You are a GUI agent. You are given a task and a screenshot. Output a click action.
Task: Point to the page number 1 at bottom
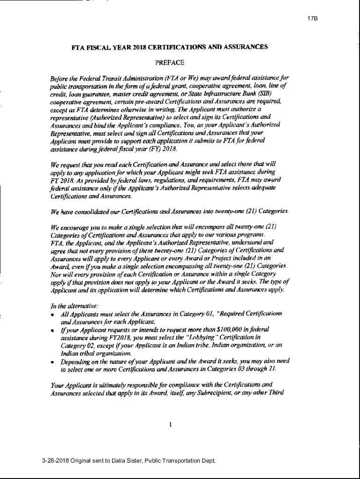tap(170, 425)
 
